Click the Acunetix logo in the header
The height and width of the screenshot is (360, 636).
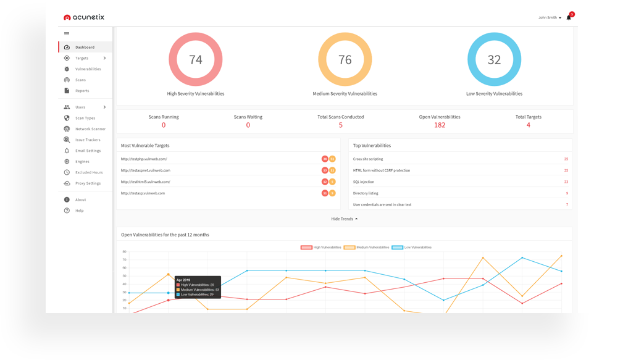tap(84, 17)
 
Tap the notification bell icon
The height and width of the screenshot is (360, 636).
tap(569, 17)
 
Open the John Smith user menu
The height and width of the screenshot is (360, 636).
tap(550, 17)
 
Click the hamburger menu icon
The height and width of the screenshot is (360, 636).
tap(67, 33)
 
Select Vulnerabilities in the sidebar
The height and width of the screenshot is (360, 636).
tap(88, 69)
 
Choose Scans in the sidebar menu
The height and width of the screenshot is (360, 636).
tap(80, 80)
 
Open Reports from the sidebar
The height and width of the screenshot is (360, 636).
tap(82, 91)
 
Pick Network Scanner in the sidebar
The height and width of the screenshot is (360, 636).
tap(90, 129)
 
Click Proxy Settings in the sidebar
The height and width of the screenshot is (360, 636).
tap(88, 183)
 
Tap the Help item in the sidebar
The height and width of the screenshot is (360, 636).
tap(79, 211)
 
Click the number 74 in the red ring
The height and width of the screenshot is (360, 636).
tap(196, 59)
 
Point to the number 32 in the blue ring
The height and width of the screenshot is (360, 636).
tap(494, 59)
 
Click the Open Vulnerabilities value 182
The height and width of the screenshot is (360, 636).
tap(440, 125)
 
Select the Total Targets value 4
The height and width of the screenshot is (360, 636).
tap(528, 125)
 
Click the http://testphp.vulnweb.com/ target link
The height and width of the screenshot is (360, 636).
tap(144, 159)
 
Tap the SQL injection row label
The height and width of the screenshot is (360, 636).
tap(364, 182)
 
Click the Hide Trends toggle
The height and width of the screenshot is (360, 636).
tap(344, 219)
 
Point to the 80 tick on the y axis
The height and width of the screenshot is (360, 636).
tap(124, 252)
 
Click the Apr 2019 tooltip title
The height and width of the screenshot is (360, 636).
tap(183, 280)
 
